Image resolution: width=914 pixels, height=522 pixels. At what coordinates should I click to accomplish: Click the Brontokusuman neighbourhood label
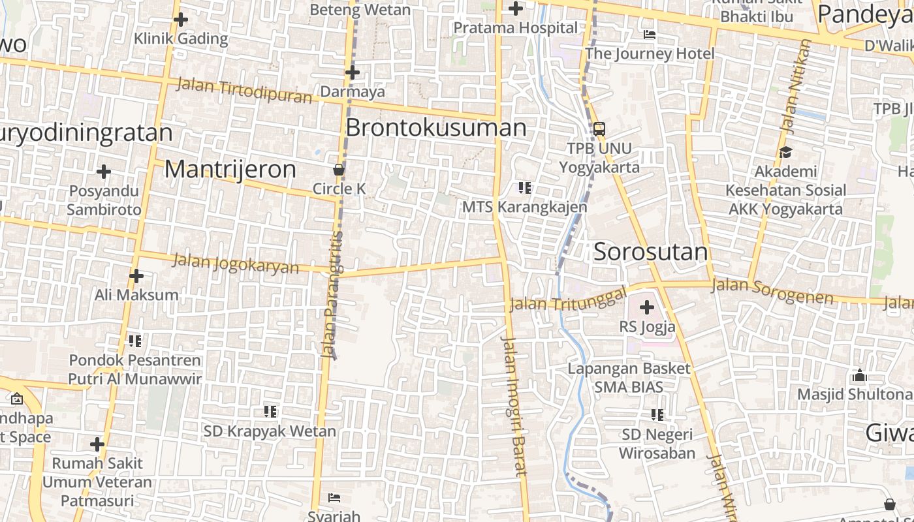tap(435, 127)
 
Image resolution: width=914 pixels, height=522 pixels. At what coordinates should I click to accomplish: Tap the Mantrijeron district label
tap(230, 169)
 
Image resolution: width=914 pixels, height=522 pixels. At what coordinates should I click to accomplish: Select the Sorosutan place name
tap(650, 252)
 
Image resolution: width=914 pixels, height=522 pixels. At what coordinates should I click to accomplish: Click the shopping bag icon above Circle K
tap(339, 170)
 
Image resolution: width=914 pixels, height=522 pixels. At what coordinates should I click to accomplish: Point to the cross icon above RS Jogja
tap(646, 307)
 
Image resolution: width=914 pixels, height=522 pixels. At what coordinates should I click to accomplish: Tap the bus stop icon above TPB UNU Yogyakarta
tap(599, 129)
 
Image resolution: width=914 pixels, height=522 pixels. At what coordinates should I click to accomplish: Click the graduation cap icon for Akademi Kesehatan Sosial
tap(785, 152)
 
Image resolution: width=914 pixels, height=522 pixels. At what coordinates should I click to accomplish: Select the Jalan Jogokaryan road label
tap(236, 264)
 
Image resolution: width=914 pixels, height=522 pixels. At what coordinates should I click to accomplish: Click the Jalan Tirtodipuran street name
tap(244, 90)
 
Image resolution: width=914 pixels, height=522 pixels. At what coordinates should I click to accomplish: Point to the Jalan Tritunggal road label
tap(567, 299)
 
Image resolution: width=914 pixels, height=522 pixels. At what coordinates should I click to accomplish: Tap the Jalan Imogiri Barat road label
tap(514, 406)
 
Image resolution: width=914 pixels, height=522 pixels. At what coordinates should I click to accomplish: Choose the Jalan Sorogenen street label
tap(772, 291)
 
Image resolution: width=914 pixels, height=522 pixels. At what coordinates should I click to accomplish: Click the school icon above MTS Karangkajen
tap(524, 188)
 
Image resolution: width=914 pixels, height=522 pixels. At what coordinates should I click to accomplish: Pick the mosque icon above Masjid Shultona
tap(859, 375)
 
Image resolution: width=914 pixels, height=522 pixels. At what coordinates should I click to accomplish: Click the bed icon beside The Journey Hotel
tap(649, 35)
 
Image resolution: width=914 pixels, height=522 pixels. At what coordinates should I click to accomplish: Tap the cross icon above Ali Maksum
tap(136, 276)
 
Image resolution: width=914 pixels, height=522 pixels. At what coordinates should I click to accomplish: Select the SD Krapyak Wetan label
tap(270, 431)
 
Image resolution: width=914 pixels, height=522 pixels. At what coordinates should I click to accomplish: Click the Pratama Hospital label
tap(515, 28)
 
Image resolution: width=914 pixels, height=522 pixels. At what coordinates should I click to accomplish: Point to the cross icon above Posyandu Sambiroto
tap(103, 172)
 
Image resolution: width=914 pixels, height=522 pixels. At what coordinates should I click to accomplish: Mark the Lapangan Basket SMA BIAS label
tap(628, 377)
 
